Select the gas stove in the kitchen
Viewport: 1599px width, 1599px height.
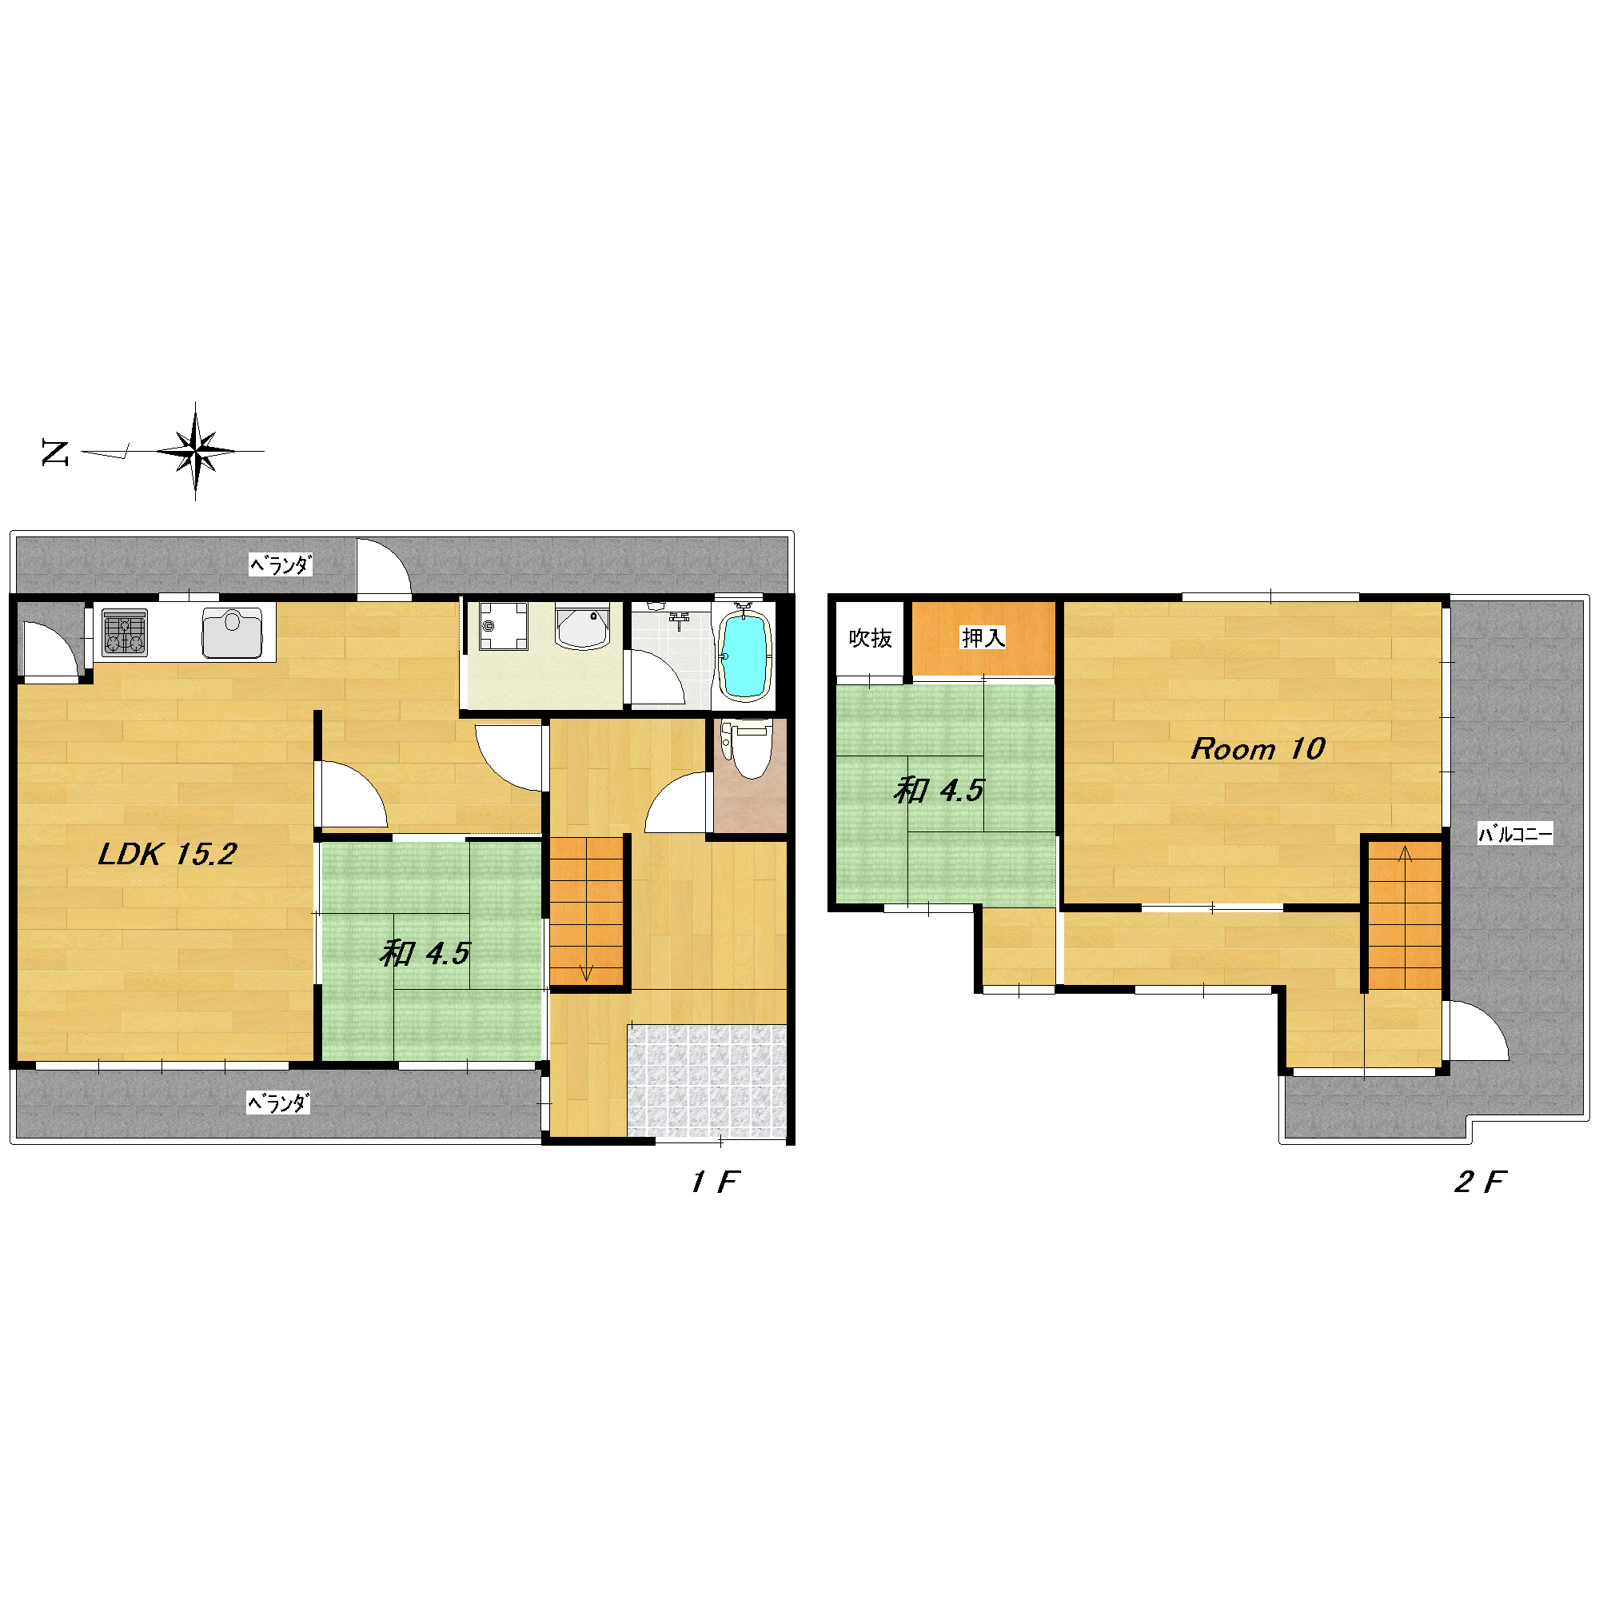pos(125,633)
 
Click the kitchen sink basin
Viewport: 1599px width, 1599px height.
pos(233,632)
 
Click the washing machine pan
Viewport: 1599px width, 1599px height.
pos(503,627)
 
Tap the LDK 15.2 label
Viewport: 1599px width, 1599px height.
pos(168,854)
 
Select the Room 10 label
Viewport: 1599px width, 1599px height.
pos(1258,749)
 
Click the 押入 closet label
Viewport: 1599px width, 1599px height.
pos(983,637)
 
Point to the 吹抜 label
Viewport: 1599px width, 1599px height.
pos(871,638)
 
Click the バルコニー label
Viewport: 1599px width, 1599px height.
pos(1515,834)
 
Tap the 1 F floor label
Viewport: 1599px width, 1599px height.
pos(714,1182)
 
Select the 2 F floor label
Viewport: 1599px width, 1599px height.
pos(1481,1182)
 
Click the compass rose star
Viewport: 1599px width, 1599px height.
pos(195,451)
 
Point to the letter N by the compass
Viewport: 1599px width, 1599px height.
pos(55,453)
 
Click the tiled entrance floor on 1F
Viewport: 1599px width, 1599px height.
pos(706,1081)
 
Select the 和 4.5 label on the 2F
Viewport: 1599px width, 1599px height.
pos(938,792)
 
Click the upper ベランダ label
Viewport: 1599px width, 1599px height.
pos(281,565)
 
